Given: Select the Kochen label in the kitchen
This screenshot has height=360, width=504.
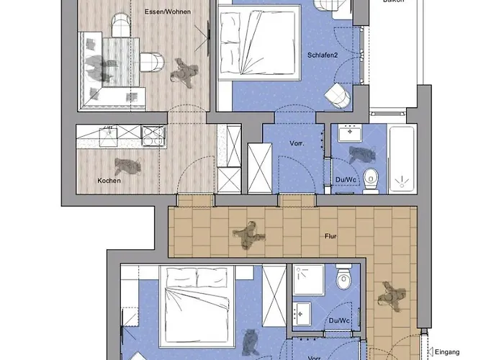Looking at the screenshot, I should pos(109,181).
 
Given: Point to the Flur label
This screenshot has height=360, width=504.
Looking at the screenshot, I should pos(331,235).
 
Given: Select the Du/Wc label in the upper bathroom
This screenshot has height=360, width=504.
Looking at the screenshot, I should pos(346,180).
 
